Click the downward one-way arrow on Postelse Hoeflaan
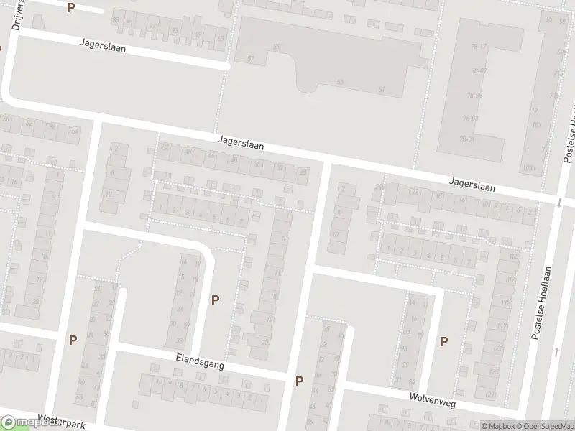pos(558,203)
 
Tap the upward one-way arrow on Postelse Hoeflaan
pos(558,351)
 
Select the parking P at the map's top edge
pos(70,7)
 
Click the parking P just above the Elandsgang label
pos(215,300)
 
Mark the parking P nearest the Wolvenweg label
pos(443,342)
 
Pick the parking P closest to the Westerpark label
pos(73,340)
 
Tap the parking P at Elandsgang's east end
pos(300,381)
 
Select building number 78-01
pos(469,139)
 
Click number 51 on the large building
pos(382,89)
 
